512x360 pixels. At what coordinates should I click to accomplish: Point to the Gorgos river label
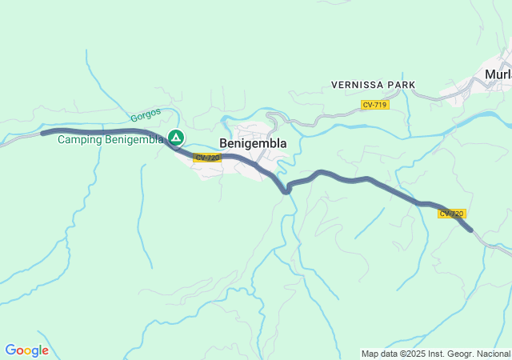click(x=146, y=115)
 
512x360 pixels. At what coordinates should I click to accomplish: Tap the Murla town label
click(x=498, y=74)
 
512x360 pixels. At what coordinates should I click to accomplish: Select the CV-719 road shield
click(x=374, y=105)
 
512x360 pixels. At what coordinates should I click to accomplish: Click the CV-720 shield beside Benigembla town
click(x=207, y=158)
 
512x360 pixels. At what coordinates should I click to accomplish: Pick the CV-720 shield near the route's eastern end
click(x=451, y=214)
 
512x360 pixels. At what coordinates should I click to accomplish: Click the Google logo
click(x=26, y=350)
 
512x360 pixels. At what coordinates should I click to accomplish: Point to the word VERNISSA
click(x=358, y=85)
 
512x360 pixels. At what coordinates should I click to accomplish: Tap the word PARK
click(x=402, y=85)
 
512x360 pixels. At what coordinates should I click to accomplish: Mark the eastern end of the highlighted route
click(x=471, y=230)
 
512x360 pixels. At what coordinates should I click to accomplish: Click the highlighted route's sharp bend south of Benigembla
click(x=286, y=190)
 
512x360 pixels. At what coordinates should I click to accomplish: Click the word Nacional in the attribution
click(x=494, y=354)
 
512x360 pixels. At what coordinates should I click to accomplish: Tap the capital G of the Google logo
click(x=10, y=350)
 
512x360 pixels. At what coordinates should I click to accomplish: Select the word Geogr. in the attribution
click(x=462, y=354)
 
